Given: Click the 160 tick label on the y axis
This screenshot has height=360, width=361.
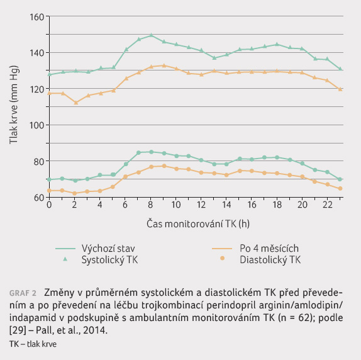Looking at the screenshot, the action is click(36, 17).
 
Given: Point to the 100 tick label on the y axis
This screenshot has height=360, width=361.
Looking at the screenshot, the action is click(36, 125).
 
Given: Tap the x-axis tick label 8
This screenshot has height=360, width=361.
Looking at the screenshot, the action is click(150, 205).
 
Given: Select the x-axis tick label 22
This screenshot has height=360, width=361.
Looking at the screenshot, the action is click(328, 205).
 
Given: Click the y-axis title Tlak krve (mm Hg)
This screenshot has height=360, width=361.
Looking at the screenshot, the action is click(14, 105).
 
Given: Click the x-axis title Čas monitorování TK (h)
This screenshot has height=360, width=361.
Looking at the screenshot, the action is click(198, 223).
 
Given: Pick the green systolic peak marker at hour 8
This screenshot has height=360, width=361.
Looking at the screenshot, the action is click(152, 35).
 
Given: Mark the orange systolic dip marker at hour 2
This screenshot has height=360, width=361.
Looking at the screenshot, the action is click(75, 103).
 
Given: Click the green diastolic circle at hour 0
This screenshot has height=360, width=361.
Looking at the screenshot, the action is click(49, 179).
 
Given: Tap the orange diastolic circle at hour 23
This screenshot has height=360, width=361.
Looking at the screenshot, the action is click(340, 188).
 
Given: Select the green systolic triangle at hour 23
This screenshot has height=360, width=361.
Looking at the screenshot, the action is click(340, 69).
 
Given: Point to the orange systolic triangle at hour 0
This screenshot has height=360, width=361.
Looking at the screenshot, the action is click(49, 93).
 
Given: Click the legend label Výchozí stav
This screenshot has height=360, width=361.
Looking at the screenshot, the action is click(108, 249).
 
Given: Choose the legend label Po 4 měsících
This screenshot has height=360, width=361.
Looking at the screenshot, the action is click(269, 249).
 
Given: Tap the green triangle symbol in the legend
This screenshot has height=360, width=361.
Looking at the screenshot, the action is click(65, 259).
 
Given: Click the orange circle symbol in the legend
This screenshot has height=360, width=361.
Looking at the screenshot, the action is click(222, 259).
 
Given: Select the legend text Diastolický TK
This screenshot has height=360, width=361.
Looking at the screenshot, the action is click(270, 260).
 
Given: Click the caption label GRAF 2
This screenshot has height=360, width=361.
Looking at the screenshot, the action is click(23, 293).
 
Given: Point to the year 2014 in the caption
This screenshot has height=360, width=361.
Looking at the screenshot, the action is click(94, 330).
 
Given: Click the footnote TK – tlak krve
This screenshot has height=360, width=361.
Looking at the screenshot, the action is click(33, 344).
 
